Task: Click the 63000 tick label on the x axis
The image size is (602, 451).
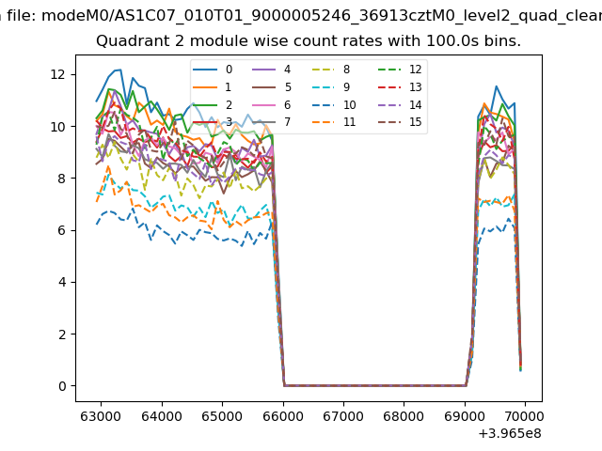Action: click(101, 413)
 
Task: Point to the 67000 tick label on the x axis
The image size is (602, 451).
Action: click(342, 413)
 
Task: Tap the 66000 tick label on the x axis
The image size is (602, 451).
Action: click(282, 413)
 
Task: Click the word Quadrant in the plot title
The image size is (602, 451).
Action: click(128, 42)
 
